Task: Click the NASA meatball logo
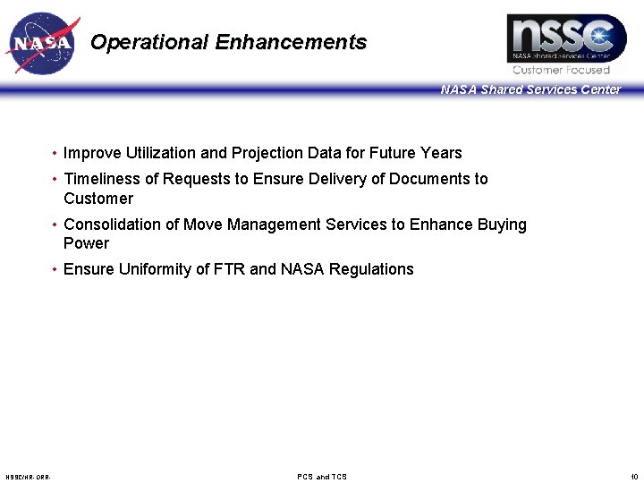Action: tap(42, 43)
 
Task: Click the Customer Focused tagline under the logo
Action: tap(561, 70)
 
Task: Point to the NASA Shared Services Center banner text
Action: tap(530, 89)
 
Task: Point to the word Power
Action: tap(86, 243)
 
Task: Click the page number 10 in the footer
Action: tap(634, 477)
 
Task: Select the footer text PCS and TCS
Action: tap(322, 477)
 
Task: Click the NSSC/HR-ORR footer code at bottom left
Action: tap(28, 477)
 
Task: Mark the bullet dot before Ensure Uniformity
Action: tap(55, 270)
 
